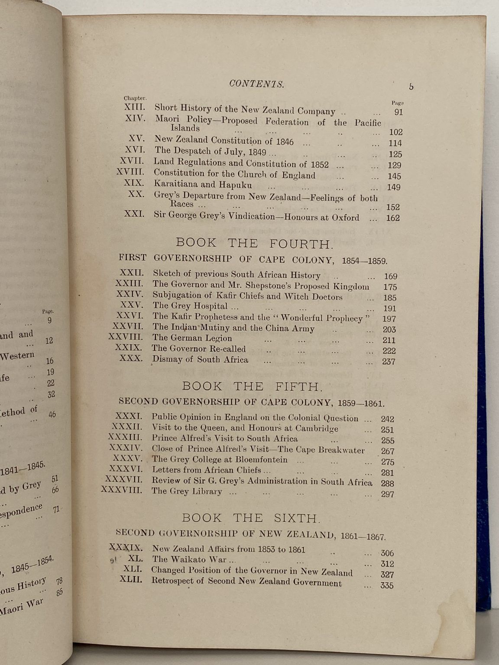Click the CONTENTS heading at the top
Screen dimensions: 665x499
256,84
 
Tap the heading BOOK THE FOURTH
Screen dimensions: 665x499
255,243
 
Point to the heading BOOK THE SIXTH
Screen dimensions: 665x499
251,518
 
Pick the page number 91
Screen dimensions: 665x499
399,113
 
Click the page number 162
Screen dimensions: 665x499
392,218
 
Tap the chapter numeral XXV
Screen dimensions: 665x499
133,306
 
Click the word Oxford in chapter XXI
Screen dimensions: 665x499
346,218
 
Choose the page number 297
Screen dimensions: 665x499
387,494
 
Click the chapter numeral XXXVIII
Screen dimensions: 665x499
122,491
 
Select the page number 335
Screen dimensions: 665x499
387,586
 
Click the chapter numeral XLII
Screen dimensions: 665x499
131,580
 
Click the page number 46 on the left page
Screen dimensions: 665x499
52,414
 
